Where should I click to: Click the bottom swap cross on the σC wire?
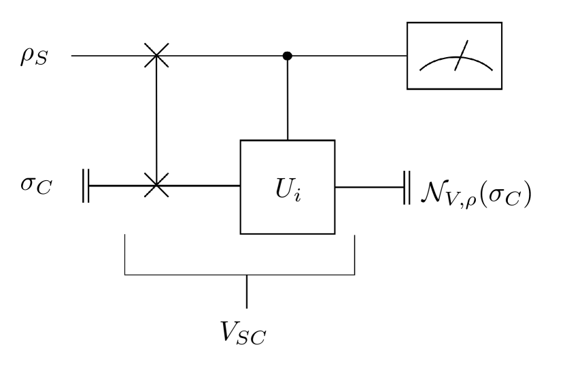pos(157,185)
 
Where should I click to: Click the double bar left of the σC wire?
pos(86,185)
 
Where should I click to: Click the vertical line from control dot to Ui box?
pos(287,99)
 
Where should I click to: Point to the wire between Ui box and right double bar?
pos(370,185)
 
